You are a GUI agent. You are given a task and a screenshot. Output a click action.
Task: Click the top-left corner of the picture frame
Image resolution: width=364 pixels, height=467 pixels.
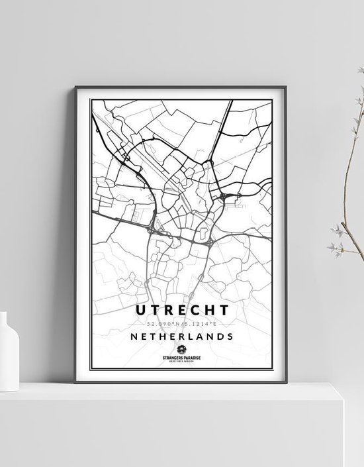point(75,86)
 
